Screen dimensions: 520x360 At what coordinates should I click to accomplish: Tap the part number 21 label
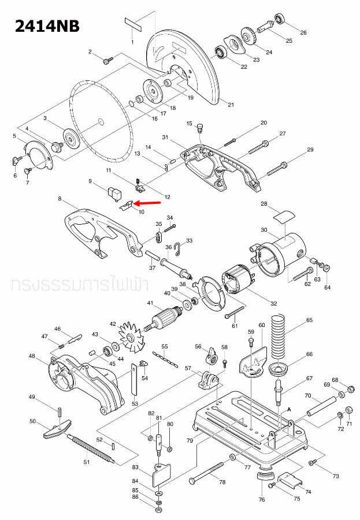tap(231, 105)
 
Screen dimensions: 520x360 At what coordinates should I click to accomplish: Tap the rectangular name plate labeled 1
tap(133, 25)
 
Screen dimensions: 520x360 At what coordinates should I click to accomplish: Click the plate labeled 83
tap(161, 475)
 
